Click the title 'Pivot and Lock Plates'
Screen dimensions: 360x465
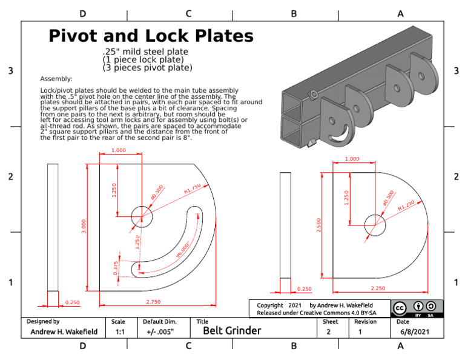tap(151, 36)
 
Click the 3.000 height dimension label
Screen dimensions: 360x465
tap(84, 226)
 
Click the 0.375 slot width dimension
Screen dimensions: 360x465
tap(116, 268)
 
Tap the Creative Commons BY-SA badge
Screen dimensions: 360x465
tap(417, 308)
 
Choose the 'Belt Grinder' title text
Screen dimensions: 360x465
tap(232, 331)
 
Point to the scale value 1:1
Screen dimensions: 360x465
tap(119, 332)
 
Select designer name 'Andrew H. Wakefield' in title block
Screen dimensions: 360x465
tap(61, 332)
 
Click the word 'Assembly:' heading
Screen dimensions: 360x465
tap(56, 79)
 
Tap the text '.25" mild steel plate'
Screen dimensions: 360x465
tap(145, 52)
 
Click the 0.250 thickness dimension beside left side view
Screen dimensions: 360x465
tap(72, 302)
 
